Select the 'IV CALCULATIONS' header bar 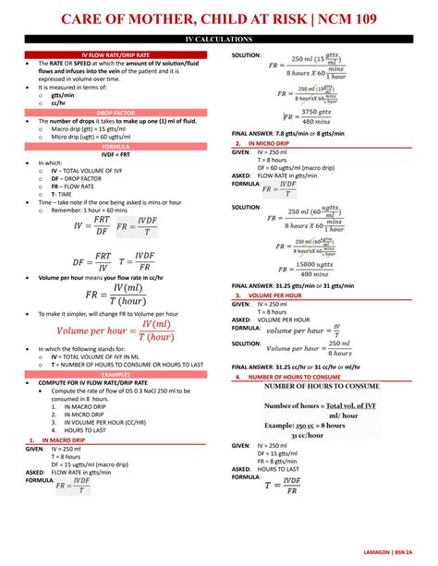coord(219,40)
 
